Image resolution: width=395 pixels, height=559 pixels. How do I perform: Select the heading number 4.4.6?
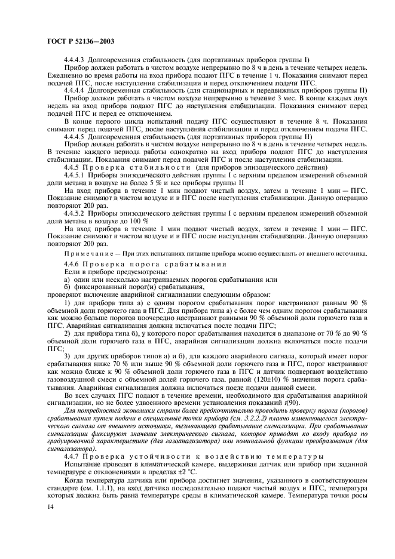[x=74, y=263]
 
